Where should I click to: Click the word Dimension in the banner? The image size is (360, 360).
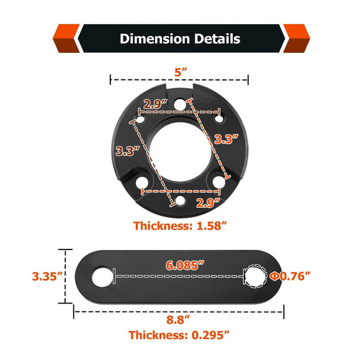[155, 38]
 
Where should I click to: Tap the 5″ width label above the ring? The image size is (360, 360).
[181, 73]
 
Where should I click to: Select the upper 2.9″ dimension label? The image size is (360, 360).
[155, 104]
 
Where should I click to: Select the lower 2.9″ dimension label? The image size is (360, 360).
[208, 203]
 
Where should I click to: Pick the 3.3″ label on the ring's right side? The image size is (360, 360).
[227, 139]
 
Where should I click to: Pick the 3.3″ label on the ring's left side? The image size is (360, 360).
[128, 151]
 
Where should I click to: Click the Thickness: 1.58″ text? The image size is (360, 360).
[180, 226]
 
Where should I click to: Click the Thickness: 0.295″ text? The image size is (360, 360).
[179, 335]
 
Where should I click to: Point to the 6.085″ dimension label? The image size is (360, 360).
[185, 265]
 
